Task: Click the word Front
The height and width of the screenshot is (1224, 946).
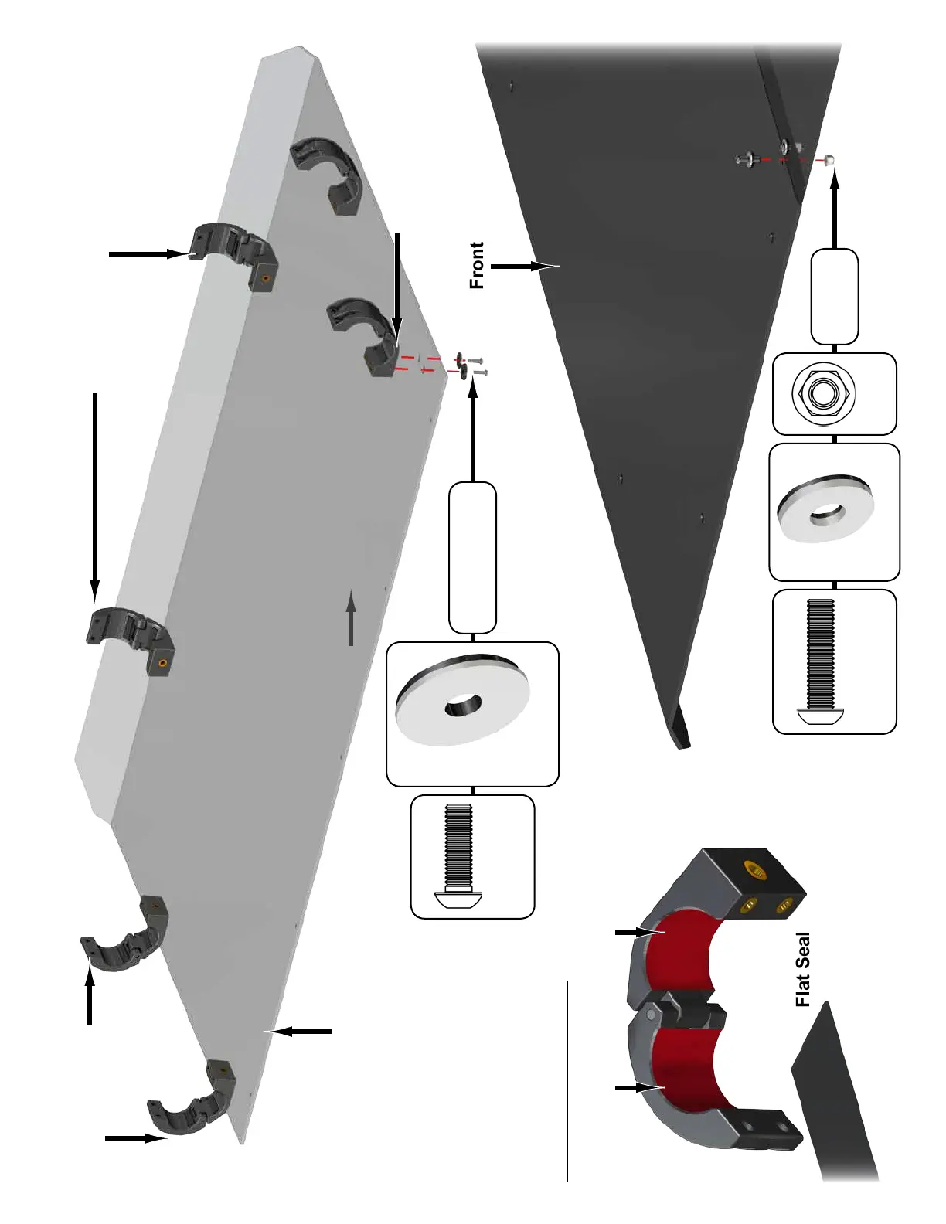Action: pos(477,265)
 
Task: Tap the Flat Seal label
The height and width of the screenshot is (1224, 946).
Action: pos(803,969)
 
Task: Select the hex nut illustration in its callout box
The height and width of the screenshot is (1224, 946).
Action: pos(824,393)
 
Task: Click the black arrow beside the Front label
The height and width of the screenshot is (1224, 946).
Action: pos(523,266)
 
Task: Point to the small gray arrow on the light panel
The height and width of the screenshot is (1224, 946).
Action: pos(351,618)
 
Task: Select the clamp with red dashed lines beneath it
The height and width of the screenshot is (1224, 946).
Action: pos(362,338)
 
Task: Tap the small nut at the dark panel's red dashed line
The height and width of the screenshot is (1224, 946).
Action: pos(829,161)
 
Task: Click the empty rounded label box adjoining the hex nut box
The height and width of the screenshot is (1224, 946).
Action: pos(835,297)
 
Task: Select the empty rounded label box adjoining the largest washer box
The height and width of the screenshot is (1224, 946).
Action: pos(472,558)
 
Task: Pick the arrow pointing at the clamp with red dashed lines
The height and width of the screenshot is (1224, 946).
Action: pos(396,286)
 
